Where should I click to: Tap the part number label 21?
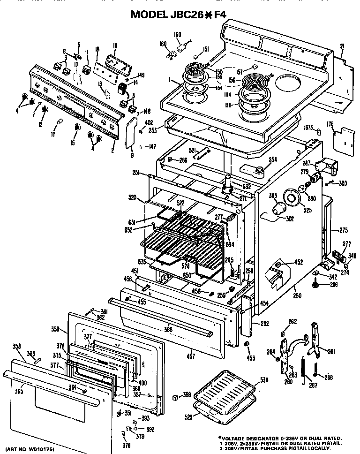[342, 45]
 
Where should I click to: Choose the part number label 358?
[17, 347]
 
